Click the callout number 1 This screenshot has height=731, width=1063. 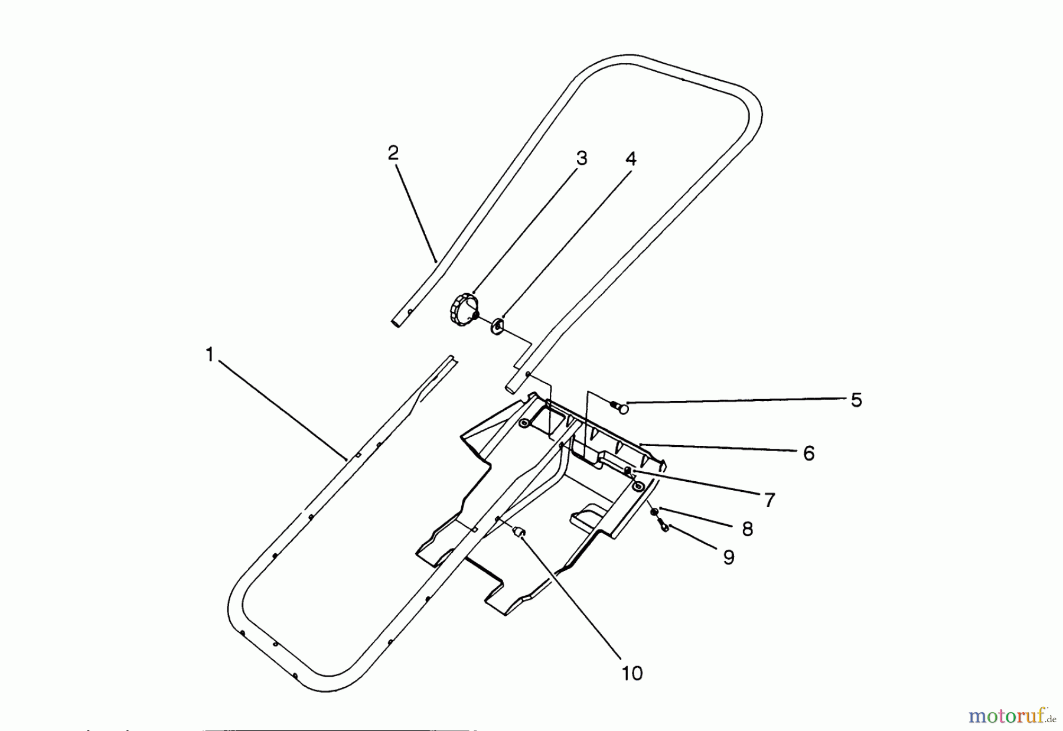[x=209, y=355]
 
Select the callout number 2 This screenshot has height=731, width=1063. [x=393, y=154]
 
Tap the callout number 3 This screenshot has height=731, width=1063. [x=582, y=158]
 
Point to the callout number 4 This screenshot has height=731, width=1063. [x=631, y=159]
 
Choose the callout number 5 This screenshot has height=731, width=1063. [x=856, y=400]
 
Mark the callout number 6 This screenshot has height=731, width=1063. [x=808, y=453]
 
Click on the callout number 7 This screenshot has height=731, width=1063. [x=769, y=500]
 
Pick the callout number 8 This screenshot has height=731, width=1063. [x=748, y=529]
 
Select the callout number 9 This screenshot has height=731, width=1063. [x=729, y=557]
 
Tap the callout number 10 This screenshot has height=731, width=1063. [x=632, y=673]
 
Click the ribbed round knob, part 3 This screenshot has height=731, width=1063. [x=462, y=308]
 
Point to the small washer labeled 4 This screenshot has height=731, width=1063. [x=497, y=325]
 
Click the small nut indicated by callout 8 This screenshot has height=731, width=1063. [x=654, y=511]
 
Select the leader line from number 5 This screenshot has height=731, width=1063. [x=738, y=402]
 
